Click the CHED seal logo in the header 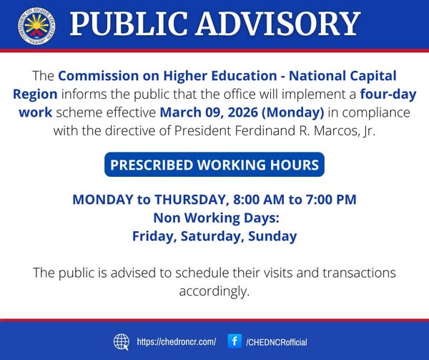tap(36, 26)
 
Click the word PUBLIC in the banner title tap(129, 24)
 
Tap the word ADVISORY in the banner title tap(277, 24)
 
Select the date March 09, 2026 tap(209, 112)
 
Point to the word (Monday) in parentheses tap(292, 113)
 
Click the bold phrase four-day tap(388, 94)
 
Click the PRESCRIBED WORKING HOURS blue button tap(214, 165)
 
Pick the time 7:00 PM tap(331, 199)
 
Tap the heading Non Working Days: tap(216, 218)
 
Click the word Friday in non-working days tap(154, 236)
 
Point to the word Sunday tap(272, 236)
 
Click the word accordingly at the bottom tap(214, 291)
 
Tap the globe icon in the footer tap(122, 342)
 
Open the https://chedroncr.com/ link tap(177, 342)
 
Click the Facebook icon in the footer tap(235, 341)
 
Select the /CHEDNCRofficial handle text tap(277, 342)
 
